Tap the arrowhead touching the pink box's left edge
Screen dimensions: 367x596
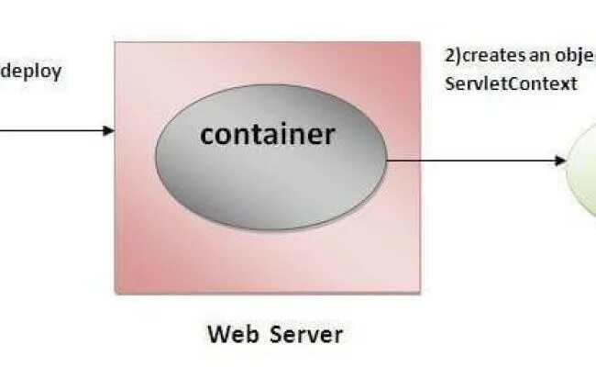110,130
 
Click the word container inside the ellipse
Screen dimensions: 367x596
268,135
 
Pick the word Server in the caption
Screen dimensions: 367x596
307,333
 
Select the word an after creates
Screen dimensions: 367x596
540,55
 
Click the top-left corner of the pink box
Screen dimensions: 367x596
116,42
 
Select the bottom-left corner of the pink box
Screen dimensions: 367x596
116,293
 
